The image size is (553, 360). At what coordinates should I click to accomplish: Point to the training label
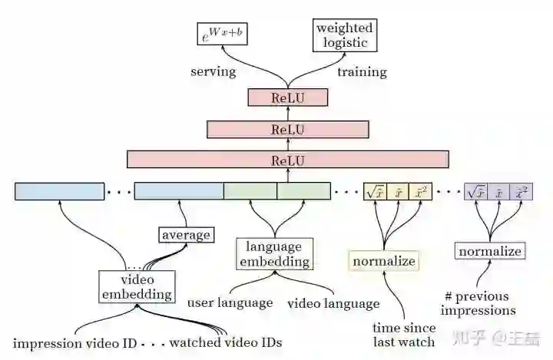pyautogui.click(x=362, y=72)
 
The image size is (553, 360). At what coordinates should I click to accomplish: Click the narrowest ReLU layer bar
pyautogui.click(x=288, y=97)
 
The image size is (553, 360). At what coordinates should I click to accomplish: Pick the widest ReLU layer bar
pyautogui.click(x=288, y=160)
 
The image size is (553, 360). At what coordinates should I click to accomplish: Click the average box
pyautogui.click(x=186, y=235)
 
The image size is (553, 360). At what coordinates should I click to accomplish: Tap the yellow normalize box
pyautogui.click(x=384, y=261)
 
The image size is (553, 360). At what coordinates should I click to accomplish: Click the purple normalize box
pyautogui.click(x=490, y=251)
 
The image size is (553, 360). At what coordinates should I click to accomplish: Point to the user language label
pyautogui.click(x=230, y=303)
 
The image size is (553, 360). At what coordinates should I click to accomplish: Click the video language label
pyautogui.click(x=333, y=303)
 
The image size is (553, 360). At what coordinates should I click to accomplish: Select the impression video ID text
pyautogui.click(x=75, y=342)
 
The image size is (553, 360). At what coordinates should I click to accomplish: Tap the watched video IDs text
pyautogui.click(x=226, y=342)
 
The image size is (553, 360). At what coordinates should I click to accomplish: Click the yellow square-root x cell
pyautogui.click(x=374, y=192)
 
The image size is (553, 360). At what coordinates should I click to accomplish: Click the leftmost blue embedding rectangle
pyautogui.click(x=59, y=191)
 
